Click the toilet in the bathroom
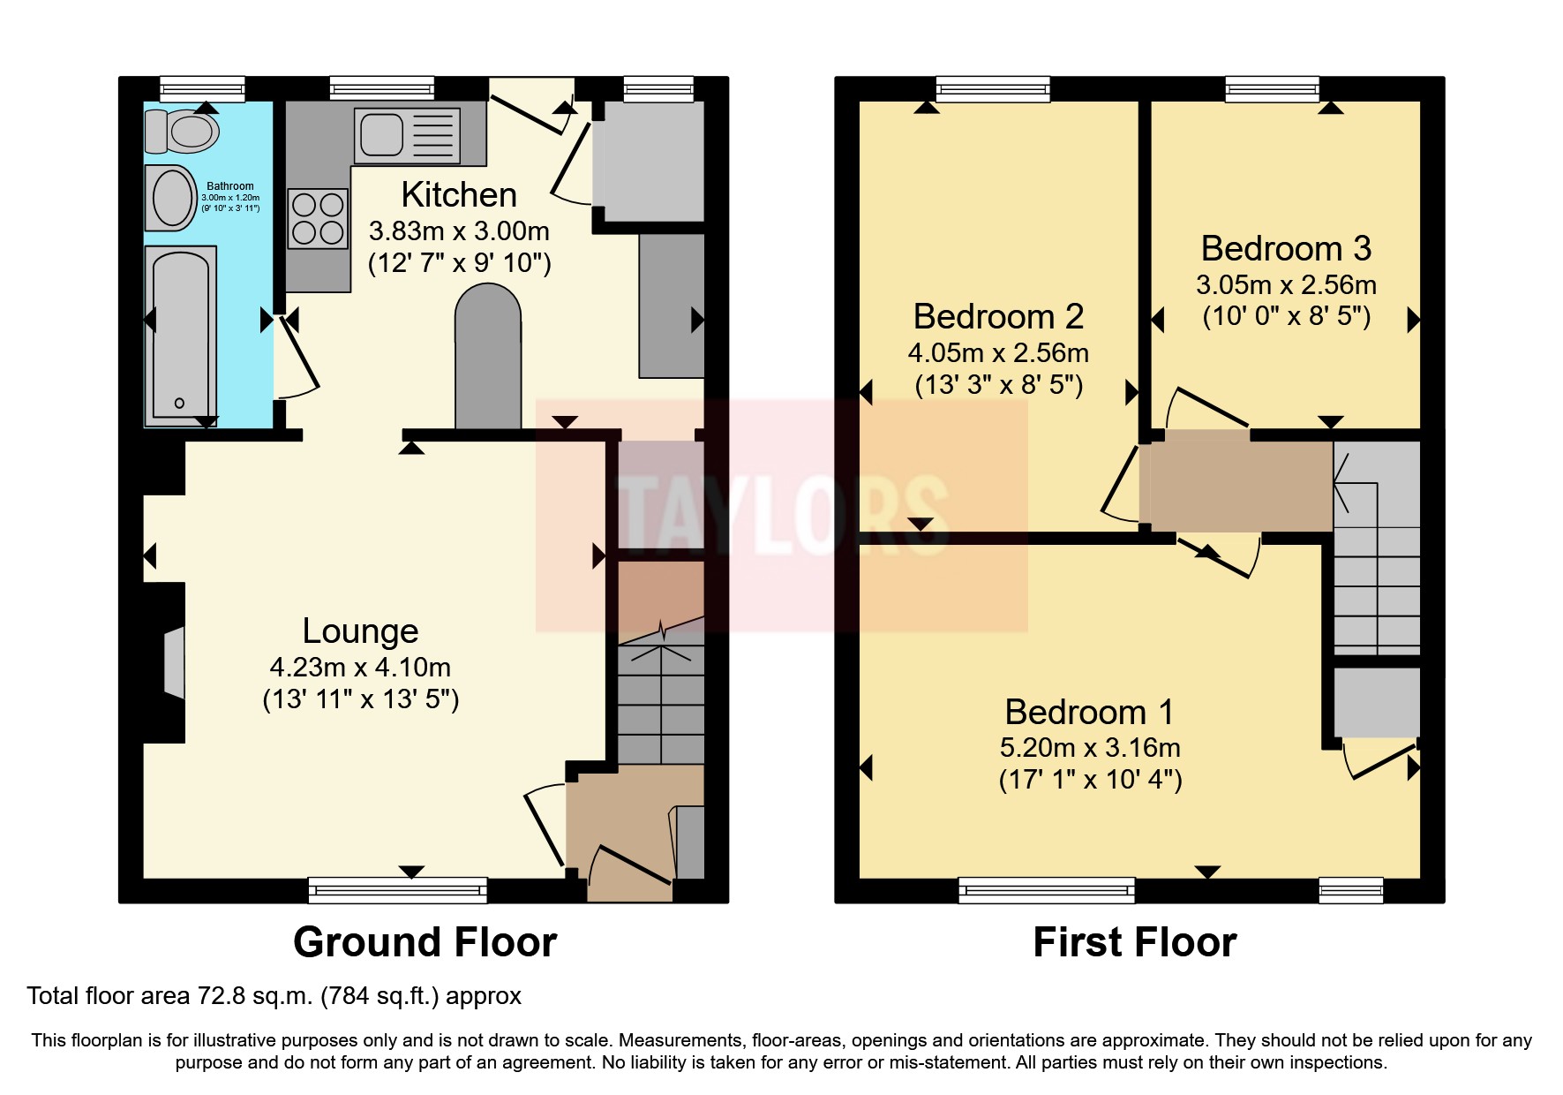pos(184,132)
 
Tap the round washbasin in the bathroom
pos(172,198)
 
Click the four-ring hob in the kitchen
pos(318,219)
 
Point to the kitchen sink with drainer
pos(408,135)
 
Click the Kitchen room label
pos(459,194)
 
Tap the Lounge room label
pos(360,631)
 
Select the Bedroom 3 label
pos(1286,249)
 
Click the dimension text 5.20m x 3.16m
pos(1090,748)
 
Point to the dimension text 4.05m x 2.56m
pos(998,353)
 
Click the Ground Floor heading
pos(425,942)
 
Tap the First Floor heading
pos(1134,942)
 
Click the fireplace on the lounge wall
pos(173,662)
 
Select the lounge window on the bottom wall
pos(397,890)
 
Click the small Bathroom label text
pos(229,186)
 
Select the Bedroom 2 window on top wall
pos(993,89)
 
